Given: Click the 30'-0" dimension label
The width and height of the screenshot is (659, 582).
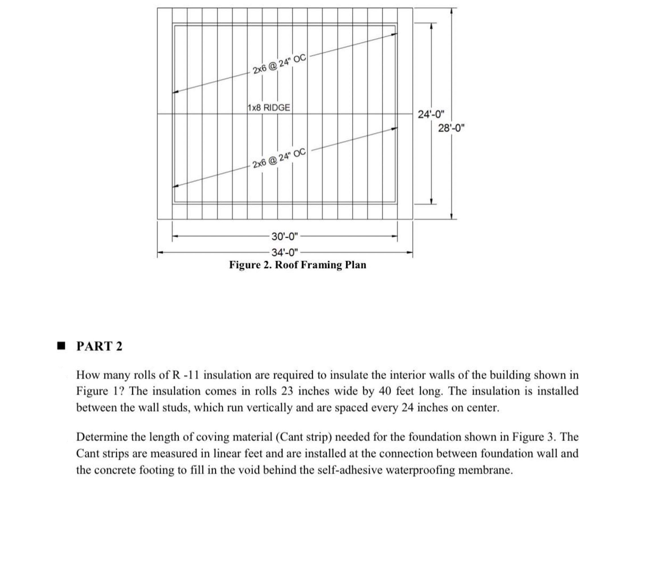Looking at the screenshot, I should [285, 236].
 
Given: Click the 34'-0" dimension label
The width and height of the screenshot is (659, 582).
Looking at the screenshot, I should [285, 252].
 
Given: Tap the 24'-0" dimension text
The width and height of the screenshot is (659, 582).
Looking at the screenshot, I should [431, 114].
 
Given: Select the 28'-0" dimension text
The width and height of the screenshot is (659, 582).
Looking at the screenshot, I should [451, 128].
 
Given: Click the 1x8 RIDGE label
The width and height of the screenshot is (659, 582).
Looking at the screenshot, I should [269, 107].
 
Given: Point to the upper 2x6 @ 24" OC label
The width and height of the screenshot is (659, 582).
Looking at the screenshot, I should [279, 64].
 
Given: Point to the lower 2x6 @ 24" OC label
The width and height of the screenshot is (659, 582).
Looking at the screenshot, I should [279, 158].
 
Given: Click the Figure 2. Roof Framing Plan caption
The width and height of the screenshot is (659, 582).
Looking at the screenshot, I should [298, 265].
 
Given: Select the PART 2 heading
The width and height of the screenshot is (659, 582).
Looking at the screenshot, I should [99, 346].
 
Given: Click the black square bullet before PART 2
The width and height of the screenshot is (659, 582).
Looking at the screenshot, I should [61, 346].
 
